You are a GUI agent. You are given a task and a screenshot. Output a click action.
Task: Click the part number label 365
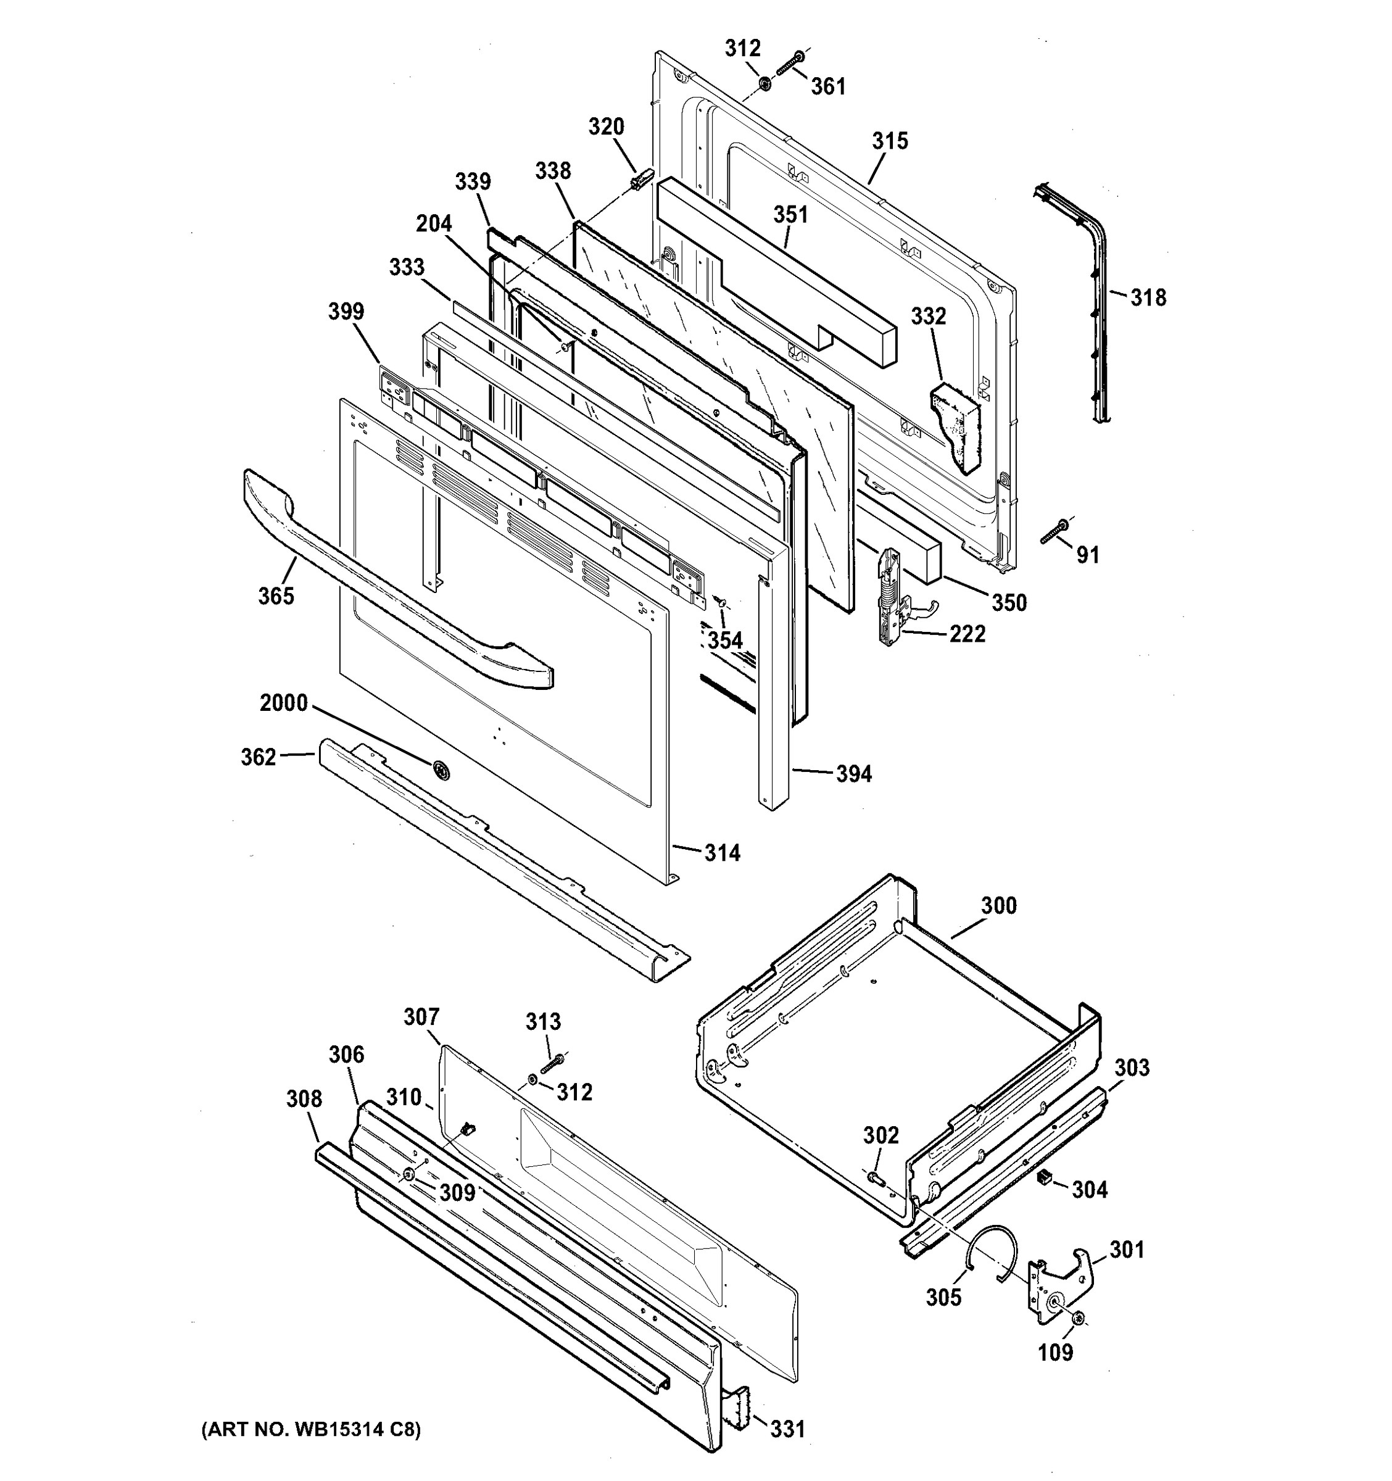[276, 595]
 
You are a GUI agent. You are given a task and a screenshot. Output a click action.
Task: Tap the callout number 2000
[283, 702]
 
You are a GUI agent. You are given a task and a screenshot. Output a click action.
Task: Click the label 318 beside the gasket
[1148, 298]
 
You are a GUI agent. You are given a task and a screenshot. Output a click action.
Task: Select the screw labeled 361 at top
[789, 62]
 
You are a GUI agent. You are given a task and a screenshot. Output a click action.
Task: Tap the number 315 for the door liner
[890, 141]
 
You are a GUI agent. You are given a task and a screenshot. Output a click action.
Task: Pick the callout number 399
[346, 312]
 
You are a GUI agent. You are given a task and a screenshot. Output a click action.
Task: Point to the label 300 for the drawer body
[998, 905]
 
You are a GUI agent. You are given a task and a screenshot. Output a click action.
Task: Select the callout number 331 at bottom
[787, 1429]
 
